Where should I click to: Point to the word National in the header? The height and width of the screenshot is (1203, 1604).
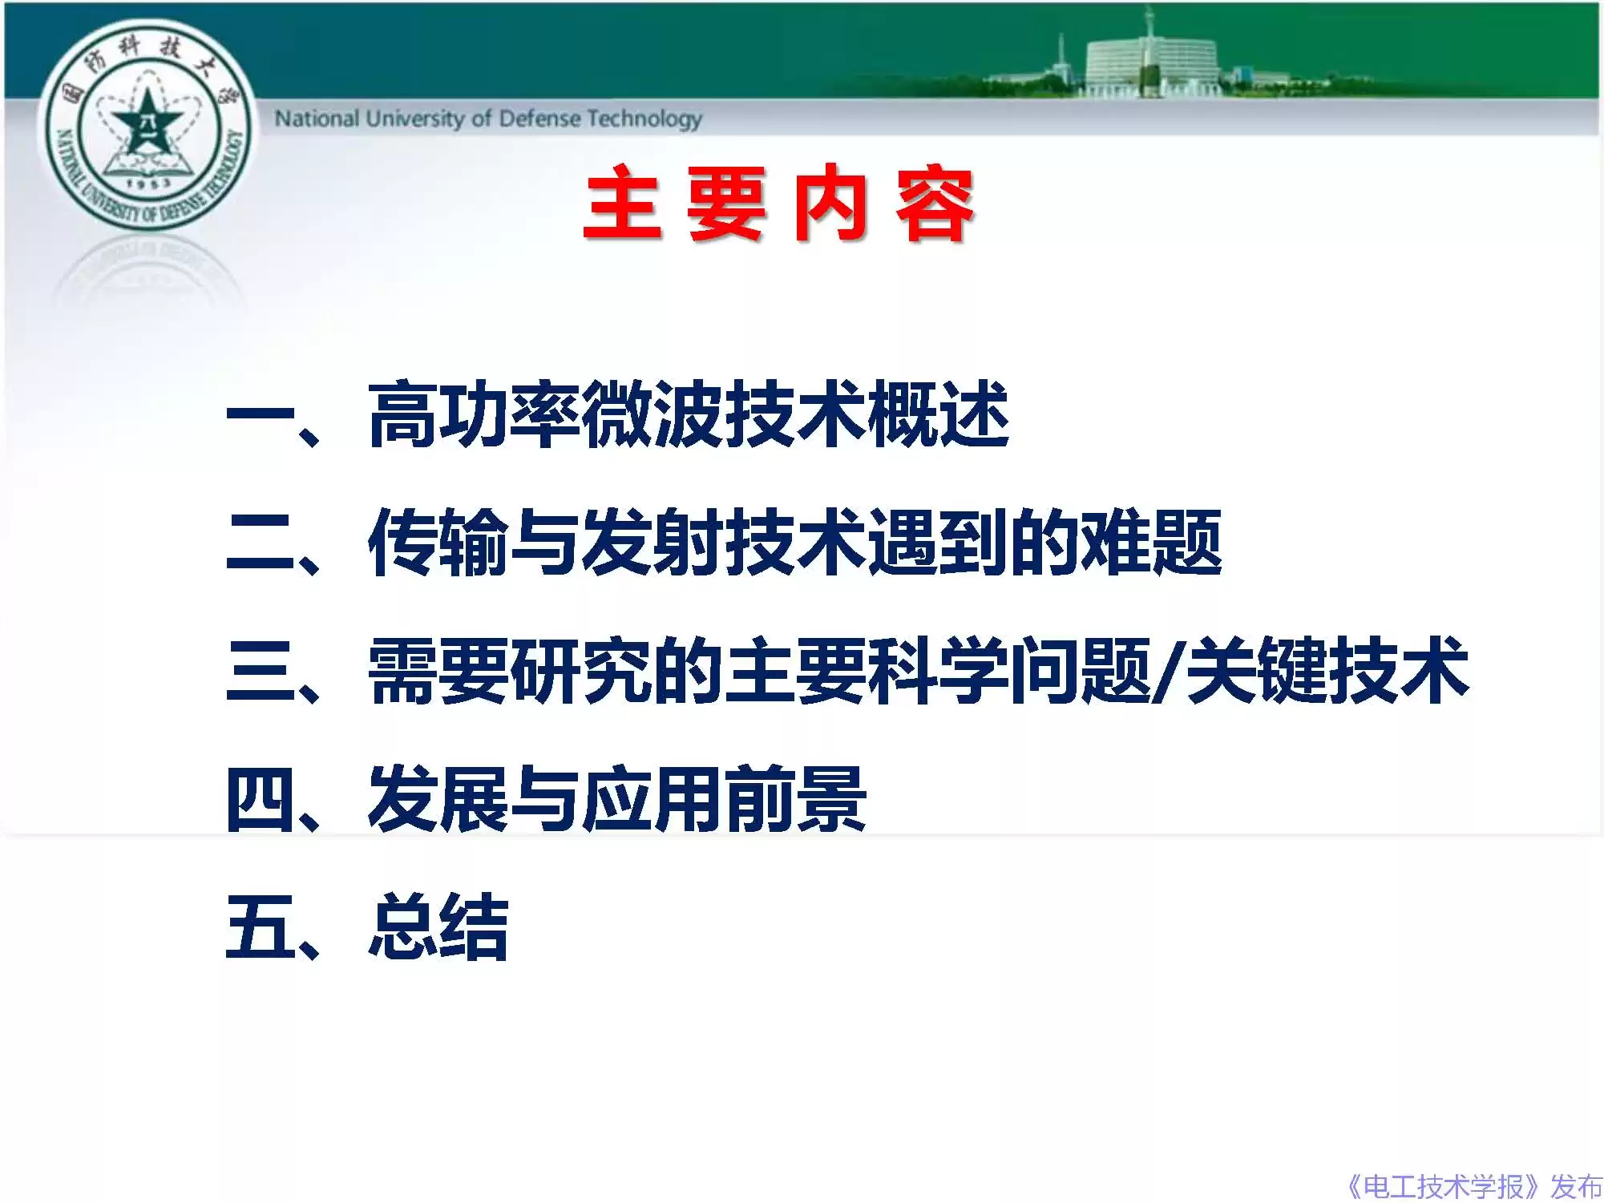tap(317, 119)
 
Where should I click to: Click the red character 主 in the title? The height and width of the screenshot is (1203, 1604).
tap(624, 204)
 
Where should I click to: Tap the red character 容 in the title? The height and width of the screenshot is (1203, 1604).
tap(935, 204)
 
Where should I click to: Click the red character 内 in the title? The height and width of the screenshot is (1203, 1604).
tap(831, 204)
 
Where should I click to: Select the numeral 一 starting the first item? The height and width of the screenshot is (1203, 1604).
tap(261, 415)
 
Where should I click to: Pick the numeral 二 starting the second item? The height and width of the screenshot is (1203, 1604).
tap(261, 543)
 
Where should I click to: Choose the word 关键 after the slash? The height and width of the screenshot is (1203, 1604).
tap(1255, 672)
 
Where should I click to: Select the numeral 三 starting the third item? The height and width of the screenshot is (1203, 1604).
tap(261, 672)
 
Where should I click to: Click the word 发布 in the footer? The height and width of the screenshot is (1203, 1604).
tap(1575, 1185)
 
